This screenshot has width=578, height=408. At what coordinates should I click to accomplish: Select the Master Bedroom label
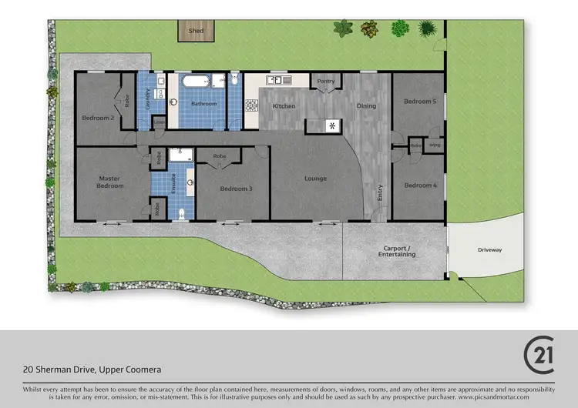point(109,182)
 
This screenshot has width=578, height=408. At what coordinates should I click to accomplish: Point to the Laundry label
point(148,100)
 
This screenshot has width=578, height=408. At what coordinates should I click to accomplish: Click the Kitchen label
point(284,106)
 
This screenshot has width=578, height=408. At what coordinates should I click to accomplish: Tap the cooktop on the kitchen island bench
point(332,125)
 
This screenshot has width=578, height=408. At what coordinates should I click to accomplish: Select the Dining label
point(366,106)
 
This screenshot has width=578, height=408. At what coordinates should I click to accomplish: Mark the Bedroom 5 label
point(419,102)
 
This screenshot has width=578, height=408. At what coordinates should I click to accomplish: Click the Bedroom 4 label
point(419,185)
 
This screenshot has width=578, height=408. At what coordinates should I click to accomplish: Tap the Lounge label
point(315,179)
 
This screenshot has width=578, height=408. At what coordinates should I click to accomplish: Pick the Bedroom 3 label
point(234,189)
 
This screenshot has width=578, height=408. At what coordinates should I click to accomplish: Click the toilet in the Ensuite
point(181,213)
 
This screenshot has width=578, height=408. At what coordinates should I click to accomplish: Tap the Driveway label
point(489,249)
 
